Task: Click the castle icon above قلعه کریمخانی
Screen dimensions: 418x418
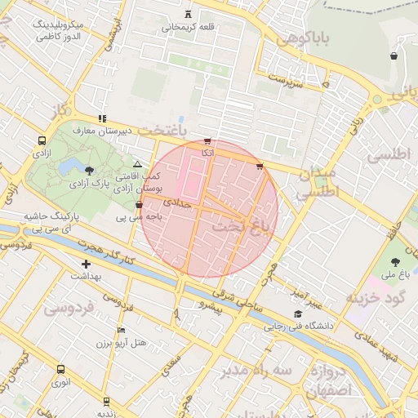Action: pos(189,14)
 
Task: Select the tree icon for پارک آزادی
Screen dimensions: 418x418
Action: pos(88,169)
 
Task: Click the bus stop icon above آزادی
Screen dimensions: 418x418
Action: pos(42,140)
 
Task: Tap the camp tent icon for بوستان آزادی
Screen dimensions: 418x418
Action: pos(137,165)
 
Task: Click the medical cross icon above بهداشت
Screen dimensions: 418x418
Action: pos(86,264)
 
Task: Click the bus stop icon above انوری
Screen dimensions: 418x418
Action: pos(60,368)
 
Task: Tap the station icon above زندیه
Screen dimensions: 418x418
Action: pos(106,401)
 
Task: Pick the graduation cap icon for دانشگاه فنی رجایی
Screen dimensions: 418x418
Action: pos(298,314)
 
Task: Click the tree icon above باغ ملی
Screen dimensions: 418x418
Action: pos(395,261)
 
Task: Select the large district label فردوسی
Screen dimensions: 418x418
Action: pos(69,309)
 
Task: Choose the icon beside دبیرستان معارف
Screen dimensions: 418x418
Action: pos(102,118)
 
